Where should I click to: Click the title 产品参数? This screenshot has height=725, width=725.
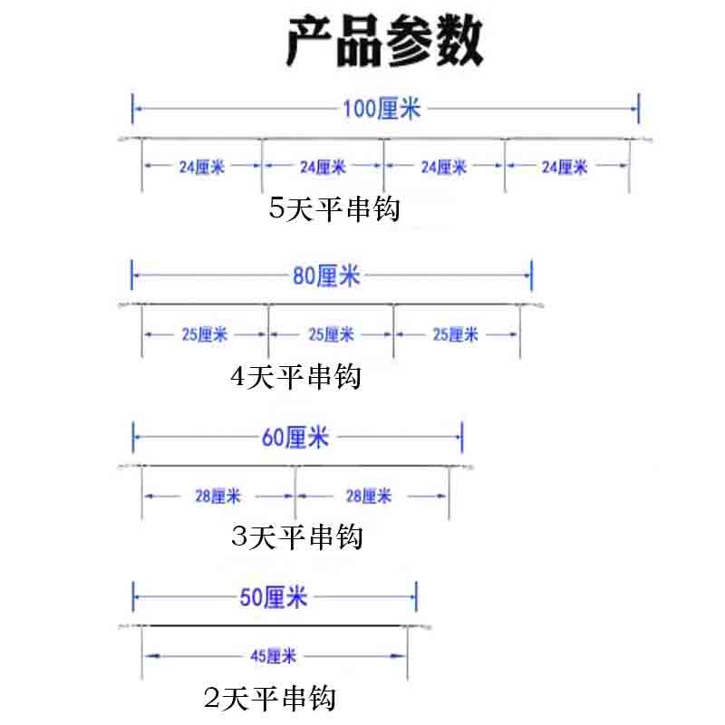click(384, 42)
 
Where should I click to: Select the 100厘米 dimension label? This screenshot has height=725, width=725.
click(382, 110)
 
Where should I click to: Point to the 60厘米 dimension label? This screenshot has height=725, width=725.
click(295, 439)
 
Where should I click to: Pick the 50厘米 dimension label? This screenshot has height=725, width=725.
click(274, 597)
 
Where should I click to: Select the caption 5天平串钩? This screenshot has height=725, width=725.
click(334, 209)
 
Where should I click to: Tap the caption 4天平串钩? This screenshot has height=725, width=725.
click(296, 375)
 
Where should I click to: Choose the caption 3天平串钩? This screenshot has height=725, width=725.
click(297, 536)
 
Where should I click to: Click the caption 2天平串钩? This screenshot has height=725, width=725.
click(270, 699)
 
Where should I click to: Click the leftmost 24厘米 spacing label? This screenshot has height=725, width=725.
click(201, 167)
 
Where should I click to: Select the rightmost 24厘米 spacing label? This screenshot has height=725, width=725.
click(565, 167)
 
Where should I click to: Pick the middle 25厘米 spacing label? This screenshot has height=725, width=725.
click(330, 334)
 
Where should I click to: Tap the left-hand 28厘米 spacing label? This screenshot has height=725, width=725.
click(217, 496)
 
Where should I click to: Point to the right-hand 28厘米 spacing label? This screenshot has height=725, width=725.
click(370, 496)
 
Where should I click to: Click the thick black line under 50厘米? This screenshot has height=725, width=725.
click(272, 626)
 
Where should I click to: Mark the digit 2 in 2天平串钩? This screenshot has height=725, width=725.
click(214, 699)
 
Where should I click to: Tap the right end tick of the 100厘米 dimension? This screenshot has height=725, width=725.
click(640, 109)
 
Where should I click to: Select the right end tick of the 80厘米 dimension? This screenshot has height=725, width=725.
click(531, 275)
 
